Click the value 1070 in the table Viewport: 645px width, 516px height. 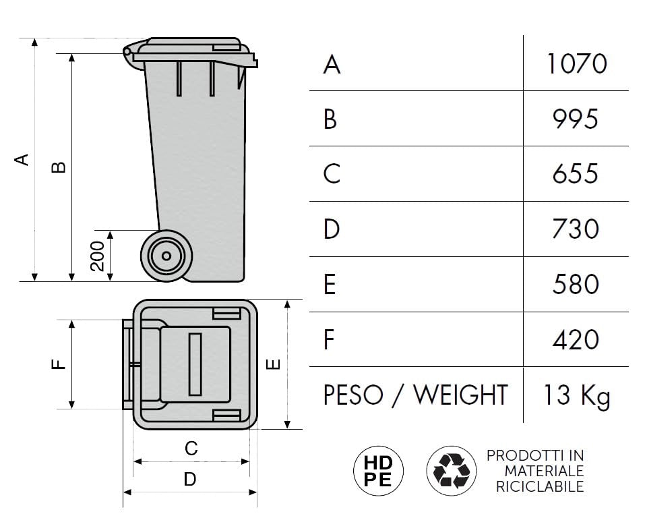point(577,64)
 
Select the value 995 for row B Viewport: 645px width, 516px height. point(575,119)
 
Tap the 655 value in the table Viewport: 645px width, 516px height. point(575,174)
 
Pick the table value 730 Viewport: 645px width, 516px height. point(576,229)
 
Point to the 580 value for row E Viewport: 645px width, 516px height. point(576,284)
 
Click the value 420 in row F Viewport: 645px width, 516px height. point(576,339)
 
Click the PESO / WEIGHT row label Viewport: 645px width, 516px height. point(415,395)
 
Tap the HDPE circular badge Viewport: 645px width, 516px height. point(379,471)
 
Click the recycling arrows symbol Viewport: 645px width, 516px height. point(452,471)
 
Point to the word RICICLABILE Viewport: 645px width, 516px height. point(540,486)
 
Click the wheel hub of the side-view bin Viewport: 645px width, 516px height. point(166,256)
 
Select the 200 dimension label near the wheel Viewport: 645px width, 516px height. point(98,256)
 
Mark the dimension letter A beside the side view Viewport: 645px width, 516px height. point(22,159)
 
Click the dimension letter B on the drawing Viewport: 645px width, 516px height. point(59,167)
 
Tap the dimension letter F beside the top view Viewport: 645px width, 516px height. point(59,364)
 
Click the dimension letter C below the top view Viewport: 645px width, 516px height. point(191,449)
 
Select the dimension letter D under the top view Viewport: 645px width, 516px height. point(190,480)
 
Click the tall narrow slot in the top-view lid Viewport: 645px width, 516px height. point(195,364)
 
